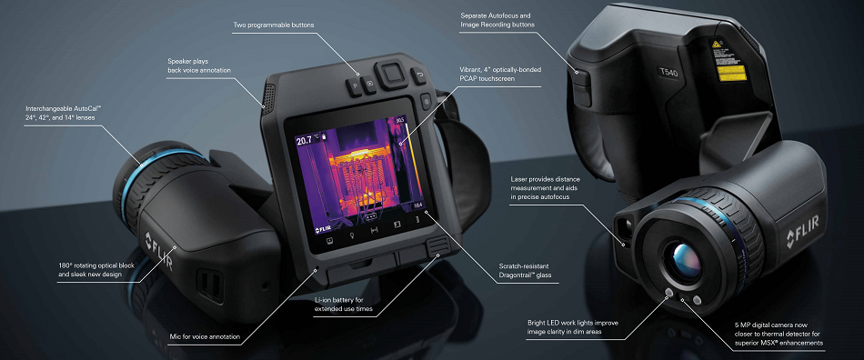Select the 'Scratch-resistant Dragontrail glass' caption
528,270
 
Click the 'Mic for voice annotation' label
206,337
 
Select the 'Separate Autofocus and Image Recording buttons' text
496,19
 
